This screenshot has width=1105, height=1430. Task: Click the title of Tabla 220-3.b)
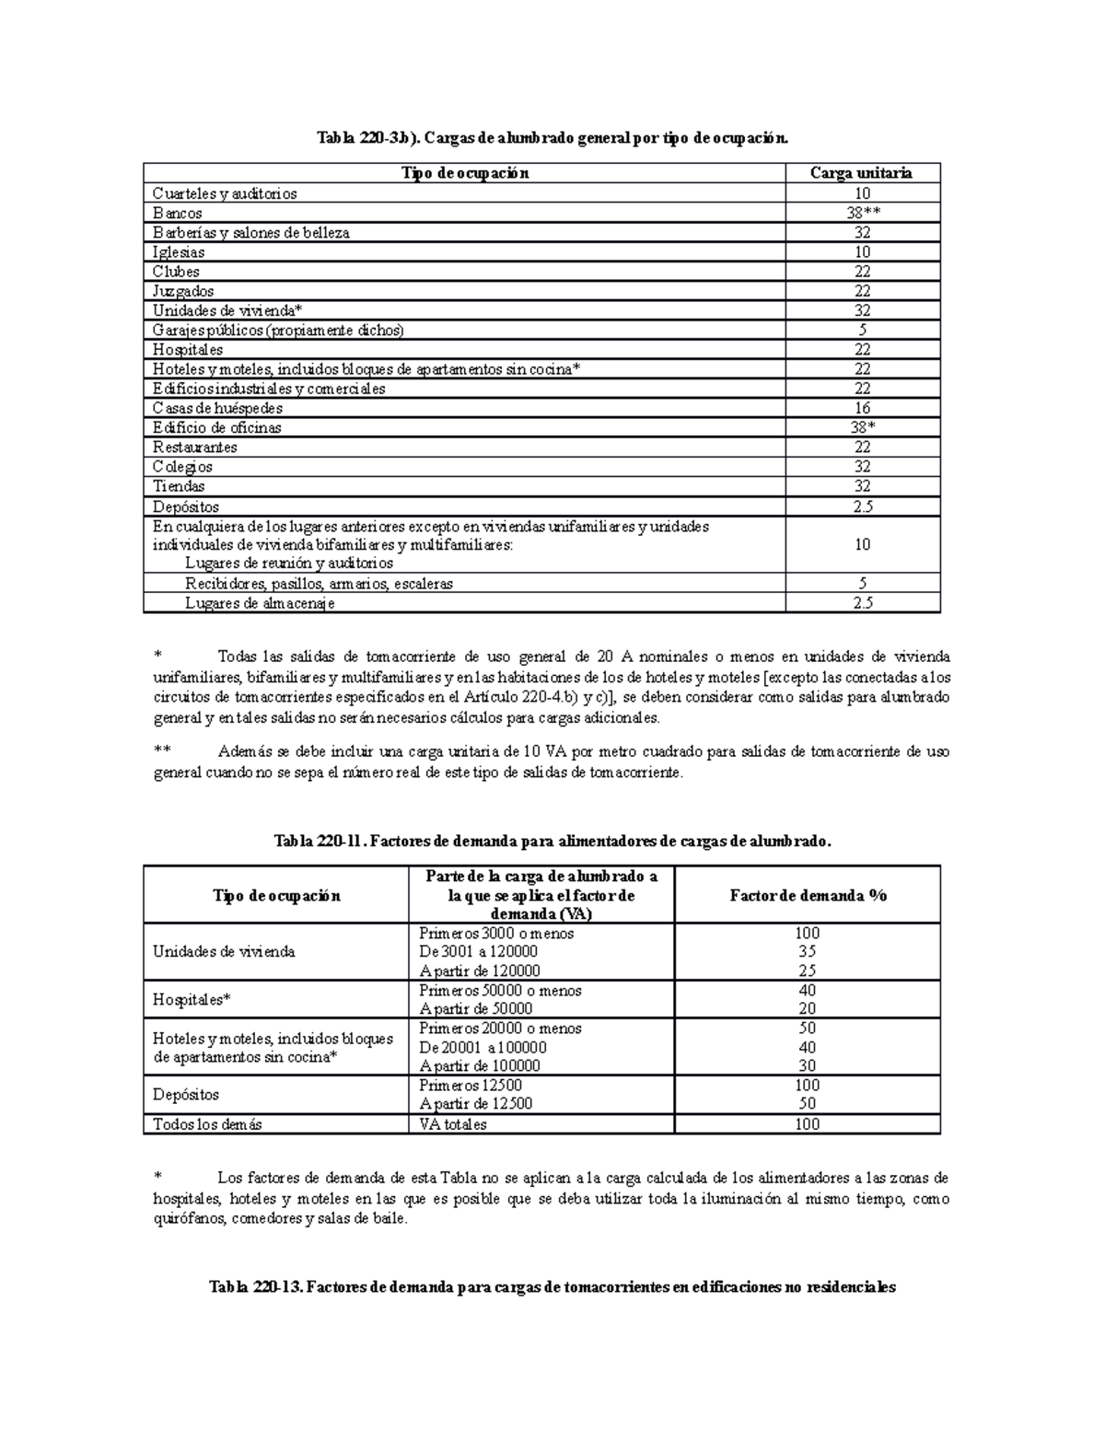coord(552,139)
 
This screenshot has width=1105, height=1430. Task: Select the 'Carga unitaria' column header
coord(861,173)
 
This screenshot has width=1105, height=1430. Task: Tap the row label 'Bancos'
coord(178,213)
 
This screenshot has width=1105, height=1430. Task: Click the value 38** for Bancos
coord(862,213)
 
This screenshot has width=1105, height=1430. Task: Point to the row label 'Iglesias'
coord(179,252)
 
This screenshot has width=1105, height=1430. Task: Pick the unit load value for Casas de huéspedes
coord(862,408)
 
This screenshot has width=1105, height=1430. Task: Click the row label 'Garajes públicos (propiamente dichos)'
coord(278,330)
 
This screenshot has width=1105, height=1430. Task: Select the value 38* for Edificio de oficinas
coord(862,427)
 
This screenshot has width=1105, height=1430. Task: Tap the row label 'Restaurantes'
coord(195,448)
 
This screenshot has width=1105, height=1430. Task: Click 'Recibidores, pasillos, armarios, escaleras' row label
coord(319,584)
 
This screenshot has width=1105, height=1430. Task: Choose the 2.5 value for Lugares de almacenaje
coord(862,603)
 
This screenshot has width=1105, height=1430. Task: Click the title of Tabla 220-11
coord(552,841)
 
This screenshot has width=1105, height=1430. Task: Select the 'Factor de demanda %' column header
coord(808,895)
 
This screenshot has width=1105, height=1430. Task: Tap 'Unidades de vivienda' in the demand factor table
coord(224,951)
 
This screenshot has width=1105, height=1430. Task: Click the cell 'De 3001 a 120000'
coord(478,951)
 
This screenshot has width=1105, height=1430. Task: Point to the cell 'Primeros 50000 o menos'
coord(500,991)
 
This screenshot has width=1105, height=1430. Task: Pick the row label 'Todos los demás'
coord(207,1124)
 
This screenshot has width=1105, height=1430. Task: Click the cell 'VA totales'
coord(452,1124)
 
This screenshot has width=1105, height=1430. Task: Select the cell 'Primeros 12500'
coord(471,1085)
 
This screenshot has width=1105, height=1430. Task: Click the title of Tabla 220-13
coord(552,1287)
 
